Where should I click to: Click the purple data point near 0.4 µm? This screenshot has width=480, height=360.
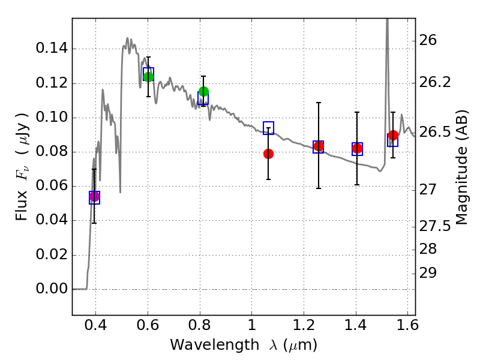coord(94,196)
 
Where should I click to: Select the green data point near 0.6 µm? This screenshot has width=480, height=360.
coord(149,77)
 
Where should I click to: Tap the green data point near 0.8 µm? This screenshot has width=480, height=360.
coord(203,92)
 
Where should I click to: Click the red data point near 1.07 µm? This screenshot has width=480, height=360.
coord(268,154)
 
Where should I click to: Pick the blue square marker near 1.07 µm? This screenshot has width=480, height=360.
coord(268,127)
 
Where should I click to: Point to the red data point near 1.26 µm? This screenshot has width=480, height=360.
coord(319,146)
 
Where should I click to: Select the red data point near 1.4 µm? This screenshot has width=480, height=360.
coord(357,148)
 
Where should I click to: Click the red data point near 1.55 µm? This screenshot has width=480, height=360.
coord(393,136)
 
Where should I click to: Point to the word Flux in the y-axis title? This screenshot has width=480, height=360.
coord(22,206)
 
